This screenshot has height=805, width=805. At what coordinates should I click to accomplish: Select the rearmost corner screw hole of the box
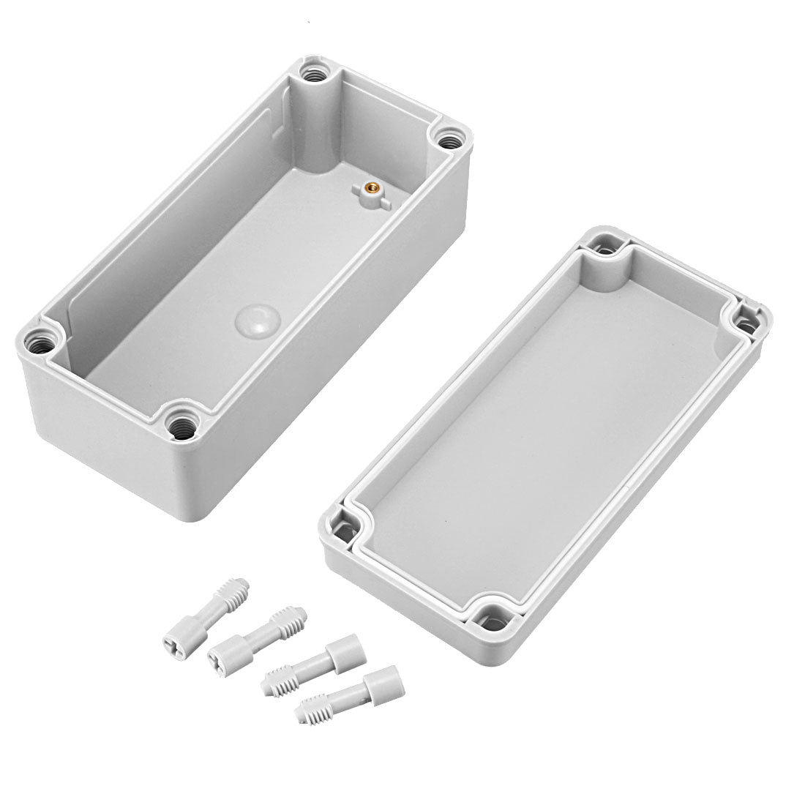(x=317, y=73)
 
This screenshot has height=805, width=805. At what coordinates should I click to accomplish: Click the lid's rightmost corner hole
(x=747, y=321)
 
